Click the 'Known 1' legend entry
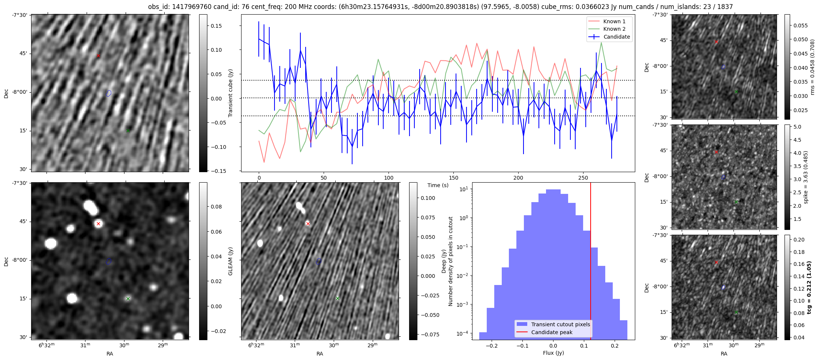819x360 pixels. pyautogui.click(x=614, y=21)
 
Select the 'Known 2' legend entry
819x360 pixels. pyautogui.click(x=614, y=29)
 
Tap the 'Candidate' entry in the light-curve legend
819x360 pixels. pyautogui.click(x=616, y=37)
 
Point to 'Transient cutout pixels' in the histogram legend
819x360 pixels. pyautogui.click(x=561, y=324)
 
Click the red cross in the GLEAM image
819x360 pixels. pyautogui.click(x=98, y=224)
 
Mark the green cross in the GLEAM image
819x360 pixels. pyautogui.click(x=128, y=298)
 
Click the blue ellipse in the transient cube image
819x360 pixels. pyautogui.click(x=109, y=93)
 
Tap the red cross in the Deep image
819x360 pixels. pyautogui.click(x=308, y=224)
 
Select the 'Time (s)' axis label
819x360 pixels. pyautogui.click(x=438, y=185)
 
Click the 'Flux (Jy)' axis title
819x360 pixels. pyautogui.click(x=553, y=353)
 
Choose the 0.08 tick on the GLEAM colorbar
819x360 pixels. pyautogui.click(x=216, y=207)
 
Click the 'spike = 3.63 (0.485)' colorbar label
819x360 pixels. pyautogui.click(x=805, y=177)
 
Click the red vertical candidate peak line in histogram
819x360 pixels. pyautogui.click(x=591, y=262)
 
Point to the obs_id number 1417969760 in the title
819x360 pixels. pyautogui.click(x=192, y=7)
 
